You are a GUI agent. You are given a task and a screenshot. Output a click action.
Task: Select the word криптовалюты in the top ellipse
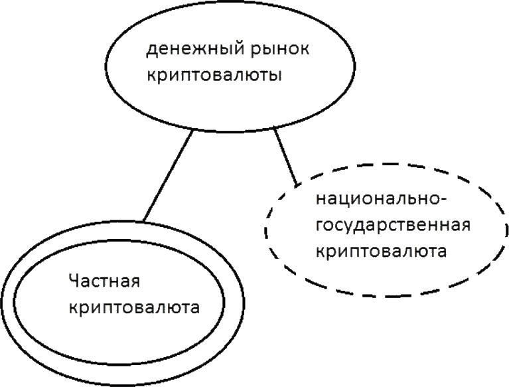[215, 75]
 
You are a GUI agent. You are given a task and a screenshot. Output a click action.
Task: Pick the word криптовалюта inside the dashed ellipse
[380, 252]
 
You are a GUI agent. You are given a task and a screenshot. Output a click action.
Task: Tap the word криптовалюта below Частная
[135, 307]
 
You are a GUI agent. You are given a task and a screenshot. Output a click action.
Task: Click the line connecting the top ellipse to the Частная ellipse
[168, 176]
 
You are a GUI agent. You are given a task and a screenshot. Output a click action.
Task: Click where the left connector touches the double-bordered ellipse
[143, 222]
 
